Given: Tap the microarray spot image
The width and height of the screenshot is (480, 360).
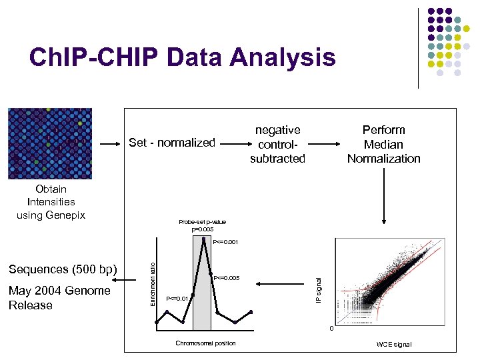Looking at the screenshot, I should (x=50, y=143).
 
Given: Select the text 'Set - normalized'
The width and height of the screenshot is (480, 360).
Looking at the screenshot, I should (x=172, y=142).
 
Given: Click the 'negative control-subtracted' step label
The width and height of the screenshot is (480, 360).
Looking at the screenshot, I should (x=277, y=144).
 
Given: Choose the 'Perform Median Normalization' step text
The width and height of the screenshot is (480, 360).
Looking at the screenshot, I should (x=383, y=144).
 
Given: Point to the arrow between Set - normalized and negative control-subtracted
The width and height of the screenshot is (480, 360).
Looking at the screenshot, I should (x=234, y=142).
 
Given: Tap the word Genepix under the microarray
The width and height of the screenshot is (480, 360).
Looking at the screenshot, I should (x=63, y=215).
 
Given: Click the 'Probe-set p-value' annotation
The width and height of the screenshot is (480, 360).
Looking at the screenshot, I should (x=202, y=225).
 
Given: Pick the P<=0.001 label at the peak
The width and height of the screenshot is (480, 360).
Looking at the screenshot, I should (x=225, y=242).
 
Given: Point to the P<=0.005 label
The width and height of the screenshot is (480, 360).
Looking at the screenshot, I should (x=226, y=277).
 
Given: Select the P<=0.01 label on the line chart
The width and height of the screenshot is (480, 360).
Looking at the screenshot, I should (x=177, y=299).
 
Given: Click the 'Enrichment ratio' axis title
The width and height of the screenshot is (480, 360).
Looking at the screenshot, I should (x=153, y=283).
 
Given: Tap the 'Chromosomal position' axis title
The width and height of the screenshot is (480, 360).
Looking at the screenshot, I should (x=205, y=343).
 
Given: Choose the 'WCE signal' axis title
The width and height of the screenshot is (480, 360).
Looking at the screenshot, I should (x=393, y=344).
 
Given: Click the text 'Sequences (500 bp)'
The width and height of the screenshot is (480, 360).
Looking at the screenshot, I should (x=63, y=269).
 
